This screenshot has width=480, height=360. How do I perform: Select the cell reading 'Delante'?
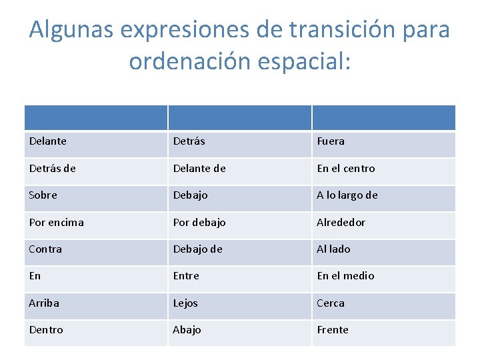pyautogui.click(x=48, y=141)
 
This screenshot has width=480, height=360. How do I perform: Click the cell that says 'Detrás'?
pyautogui.click(x=189, y=141)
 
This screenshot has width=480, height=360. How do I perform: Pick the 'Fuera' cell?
pyautogui.click(x=331, y=141)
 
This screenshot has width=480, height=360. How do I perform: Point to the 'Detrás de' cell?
pyautogui.click(x=52, y=169)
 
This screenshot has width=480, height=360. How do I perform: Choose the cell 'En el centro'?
pyautogui.click(x=345, y=169)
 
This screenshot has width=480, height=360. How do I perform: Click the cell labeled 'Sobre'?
pyautogui.click(x=43, y=195)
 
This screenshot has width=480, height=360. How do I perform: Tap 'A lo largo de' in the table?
pyautogui.click(x=347, y=195)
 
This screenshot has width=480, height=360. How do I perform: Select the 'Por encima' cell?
pyautogui.click(x=56, y=222)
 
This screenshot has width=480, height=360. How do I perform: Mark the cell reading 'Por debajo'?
pyautogui.click(x=199, y=222)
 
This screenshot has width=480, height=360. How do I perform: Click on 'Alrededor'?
pyautogui.click(x=341, y=222)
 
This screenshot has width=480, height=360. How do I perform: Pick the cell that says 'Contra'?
pyautogui.click(x=45, y=249)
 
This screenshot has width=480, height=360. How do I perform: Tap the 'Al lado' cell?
pyautogui.click(x=333, y=249)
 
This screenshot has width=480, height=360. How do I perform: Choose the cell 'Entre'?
pyautogui.click(x=186, y=276)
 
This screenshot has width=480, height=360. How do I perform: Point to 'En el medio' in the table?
pyautogui.click(x=345, y=276)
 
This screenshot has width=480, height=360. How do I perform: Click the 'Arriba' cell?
pyautogui.click(x=44, y=303)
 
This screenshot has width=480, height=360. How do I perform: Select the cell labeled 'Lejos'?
pyautogui.click(x=185, y=303)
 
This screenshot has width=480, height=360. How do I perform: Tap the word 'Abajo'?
pyautogui.click(x=187, y=330)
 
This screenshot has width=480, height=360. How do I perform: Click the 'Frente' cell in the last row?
pyautogui.click(x=333, y=330)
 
